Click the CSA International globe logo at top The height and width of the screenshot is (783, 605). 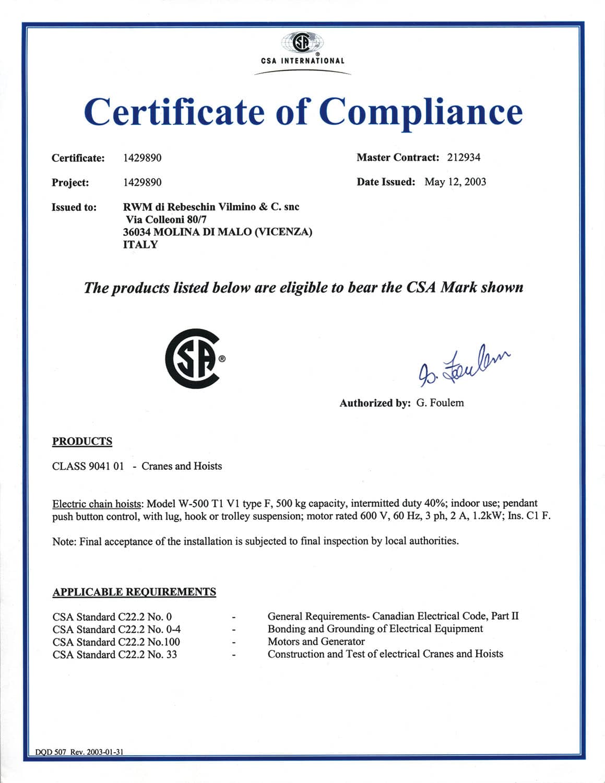(x=302, y=42)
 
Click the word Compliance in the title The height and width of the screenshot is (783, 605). (x=421, y=112)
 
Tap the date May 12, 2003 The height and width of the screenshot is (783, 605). (x=455, y=182)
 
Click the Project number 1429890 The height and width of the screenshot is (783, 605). (x=142, y=183)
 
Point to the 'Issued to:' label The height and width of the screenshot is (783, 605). (x=74, y=208)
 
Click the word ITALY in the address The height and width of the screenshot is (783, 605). (x=140, y=245)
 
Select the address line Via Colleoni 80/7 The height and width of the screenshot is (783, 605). (x=166, y=220)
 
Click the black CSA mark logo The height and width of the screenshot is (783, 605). (x=194, y=358)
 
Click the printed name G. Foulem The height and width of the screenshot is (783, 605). (x=440, y=403)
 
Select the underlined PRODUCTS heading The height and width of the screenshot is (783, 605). (x=82, y=442)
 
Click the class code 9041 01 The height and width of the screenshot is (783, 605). (x=106, y=466)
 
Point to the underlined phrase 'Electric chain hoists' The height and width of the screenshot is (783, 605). (x=97, y=504)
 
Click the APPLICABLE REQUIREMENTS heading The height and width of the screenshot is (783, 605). (x=134, y=592)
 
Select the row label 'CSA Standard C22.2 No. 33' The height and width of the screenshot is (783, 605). (x=115, y=655)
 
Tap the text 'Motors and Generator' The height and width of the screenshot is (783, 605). (x=316, y=642)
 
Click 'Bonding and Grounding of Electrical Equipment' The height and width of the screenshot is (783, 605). (x=375, y=629)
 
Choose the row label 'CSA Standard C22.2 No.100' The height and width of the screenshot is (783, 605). (x=116, y=642)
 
